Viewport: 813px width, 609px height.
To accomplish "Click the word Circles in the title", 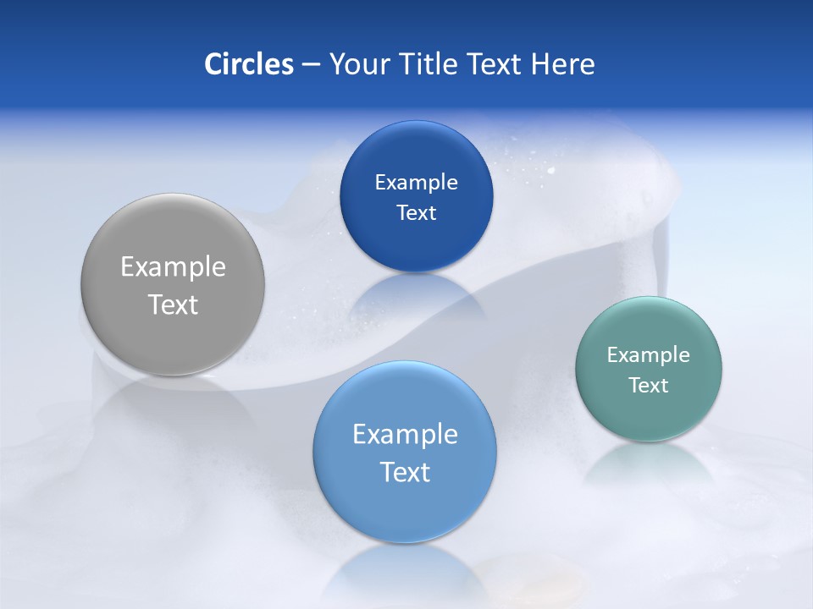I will click(x=248, y=64).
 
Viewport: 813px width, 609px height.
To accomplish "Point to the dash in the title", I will click(x=311, y=65).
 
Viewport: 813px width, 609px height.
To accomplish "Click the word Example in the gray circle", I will click(x=173, y=266).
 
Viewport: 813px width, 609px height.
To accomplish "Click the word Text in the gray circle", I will click(x=173, y=304).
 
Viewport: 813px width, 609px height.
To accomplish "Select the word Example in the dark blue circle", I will click(x=416, y=182).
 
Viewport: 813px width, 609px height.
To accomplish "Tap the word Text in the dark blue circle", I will click(x=416, y=212).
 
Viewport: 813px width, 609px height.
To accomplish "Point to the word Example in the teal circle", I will click(x=649, y=354).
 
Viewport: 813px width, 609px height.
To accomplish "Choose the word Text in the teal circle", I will click(x=649, y=385).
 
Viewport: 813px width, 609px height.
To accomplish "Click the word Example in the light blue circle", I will click(x=405, y=434).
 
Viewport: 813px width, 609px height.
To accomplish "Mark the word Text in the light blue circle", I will click(x=405, y=472).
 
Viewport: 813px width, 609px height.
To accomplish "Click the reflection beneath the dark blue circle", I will click(x=416, y=296).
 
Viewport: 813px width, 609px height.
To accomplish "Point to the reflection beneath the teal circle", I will click(x=649, y=464).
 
